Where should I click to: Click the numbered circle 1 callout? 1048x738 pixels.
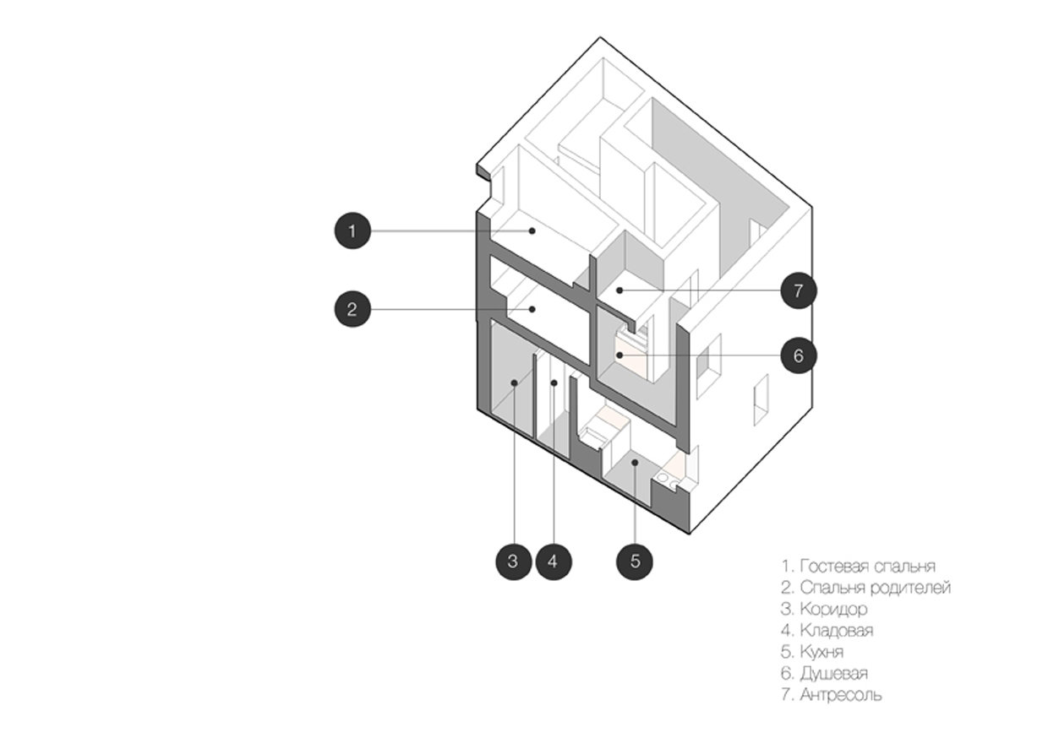tap(352, 231)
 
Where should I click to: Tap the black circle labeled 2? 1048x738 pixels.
tap(352, 309)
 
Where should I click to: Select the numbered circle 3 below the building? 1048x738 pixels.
tap(513, 561)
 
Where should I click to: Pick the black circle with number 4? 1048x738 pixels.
tap(553, 561)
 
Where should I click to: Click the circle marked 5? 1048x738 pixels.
tap(635, 561)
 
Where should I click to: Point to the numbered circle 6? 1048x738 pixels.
tap(798, 355)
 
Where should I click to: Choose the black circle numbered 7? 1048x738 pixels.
tap(798, 291)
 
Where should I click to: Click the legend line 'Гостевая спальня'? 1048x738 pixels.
tap(859, 566)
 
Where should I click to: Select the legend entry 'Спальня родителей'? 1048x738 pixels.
tap(866, 587)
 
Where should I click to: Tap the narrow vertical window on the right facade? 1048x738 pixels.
tap(760, 399)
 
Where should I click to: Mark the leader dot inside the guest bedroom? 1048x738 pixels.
tap(532, 231)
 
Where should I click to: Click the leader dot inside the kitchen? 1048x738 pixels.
tap(634, 463)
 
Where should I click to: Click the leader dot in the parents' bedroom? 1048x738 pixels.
tap(532, 309)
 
